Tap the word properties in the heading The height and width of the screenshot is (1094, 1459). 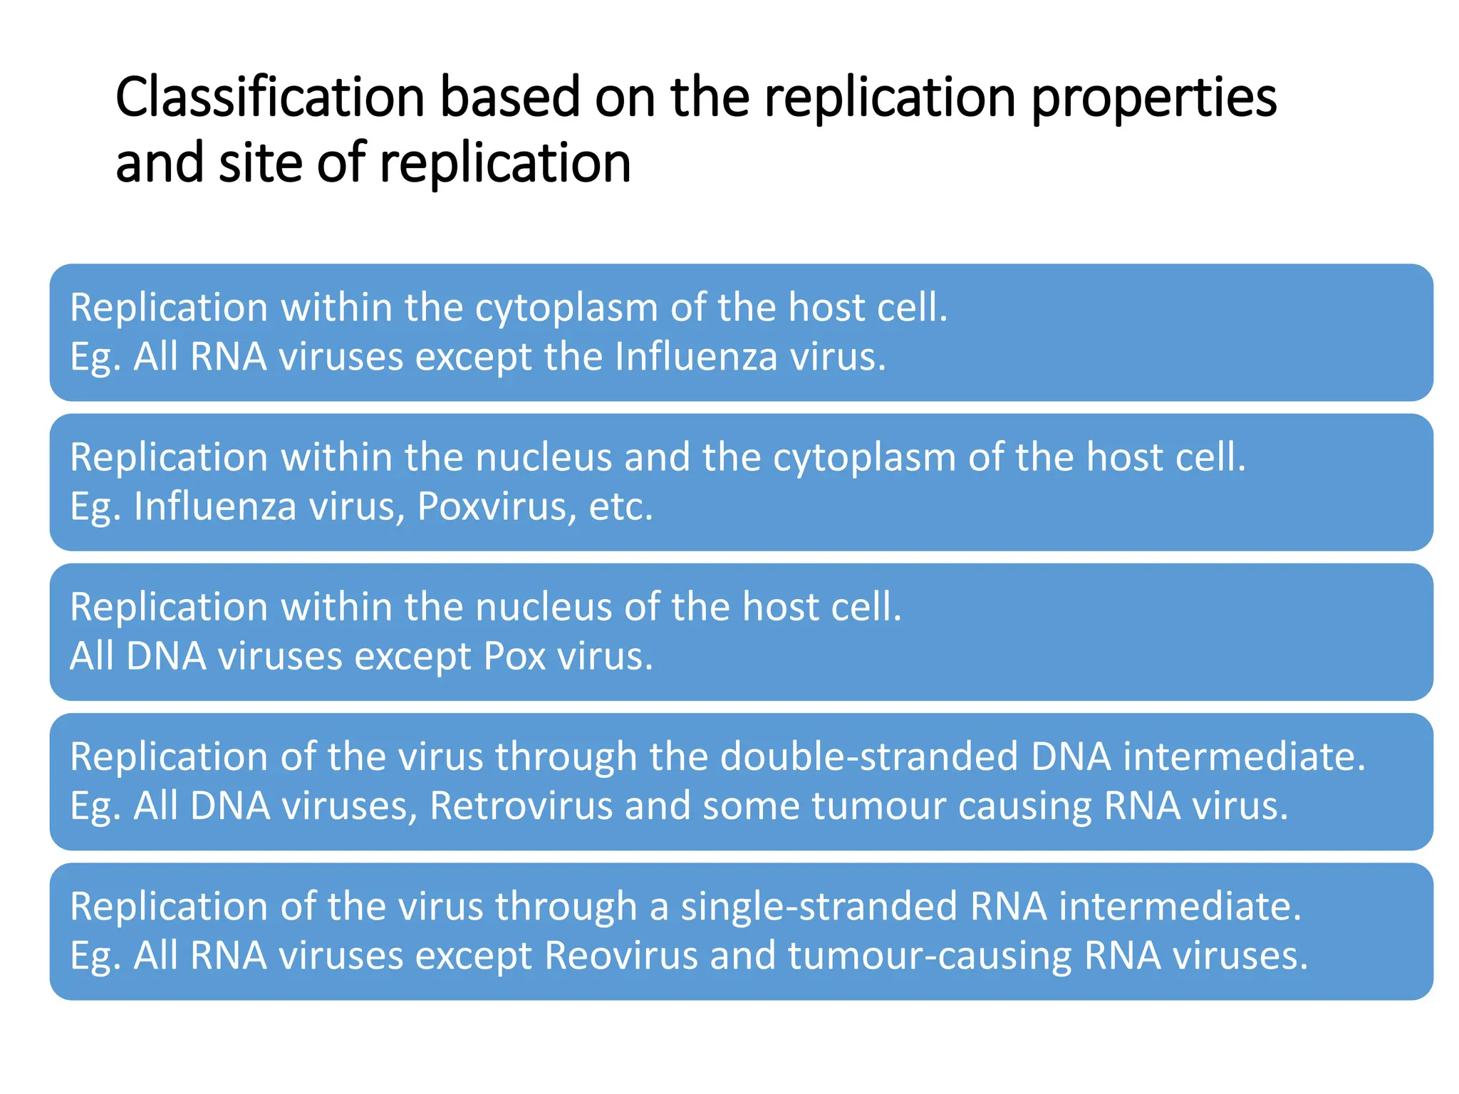click(1153, 98)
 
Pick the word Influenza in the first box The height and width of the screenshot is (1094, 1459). click(695, 356)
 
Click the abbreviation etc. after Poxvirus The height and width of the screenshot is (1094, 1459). click(621, 506)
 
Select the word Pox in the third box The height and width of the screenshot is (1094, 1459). click(515, 656)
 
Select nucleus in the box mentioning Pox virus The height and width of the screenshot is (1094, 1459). click(543, 607)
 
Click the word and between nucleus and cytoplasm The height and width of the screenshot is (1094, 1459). click(657, 457)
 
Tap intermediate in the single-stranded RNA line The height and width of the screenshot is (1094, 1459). click(1180, 906)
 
